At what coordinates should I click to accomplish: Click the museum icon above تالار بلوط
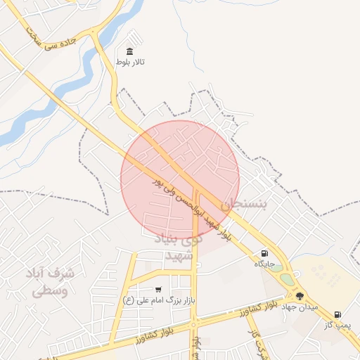point(129,51)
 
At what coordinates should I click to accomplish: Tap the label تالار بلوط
point(130,63)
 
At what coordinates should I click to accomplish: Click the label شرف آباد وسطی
point(49,281)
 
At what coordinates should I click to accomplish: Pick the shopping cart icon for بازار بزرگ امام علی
point(158,289)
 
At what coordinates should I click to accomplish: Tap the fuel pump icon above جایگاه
point(264,254)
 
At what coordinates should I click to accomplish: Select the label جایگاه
point(264,264)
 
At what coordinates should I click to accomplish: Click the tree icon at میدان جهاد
point(300,296)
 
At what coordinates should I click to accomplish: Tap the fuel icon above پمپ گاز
point(337,314)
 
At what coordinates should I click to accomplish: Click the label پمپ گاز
point(337,325)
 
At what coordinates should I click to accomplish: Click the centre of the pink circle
point(180,179)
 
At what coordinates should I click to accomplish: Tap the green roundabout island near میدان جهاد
point(287,279)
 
